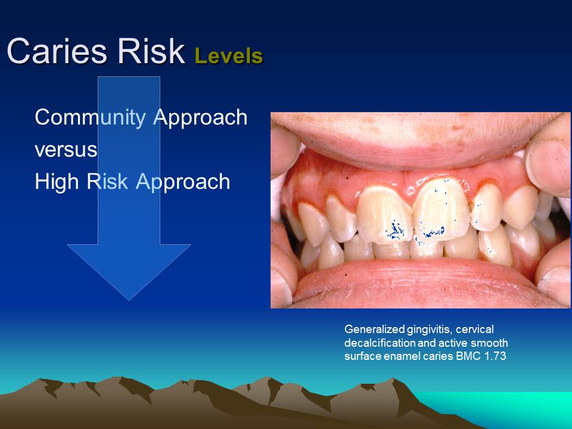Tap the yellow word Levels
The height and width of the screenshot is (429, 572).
pyautogui.click(x=228, y=56)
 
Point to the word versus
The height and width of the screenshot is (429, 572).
pyautogui.click(x=66, y=150)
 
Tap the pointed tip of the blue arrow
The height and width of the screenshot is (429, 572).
pyautogui.click(x=129, y=298)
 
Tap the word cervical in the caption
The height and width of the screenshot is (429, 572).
pyautogui.click(x=478, y=329)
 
